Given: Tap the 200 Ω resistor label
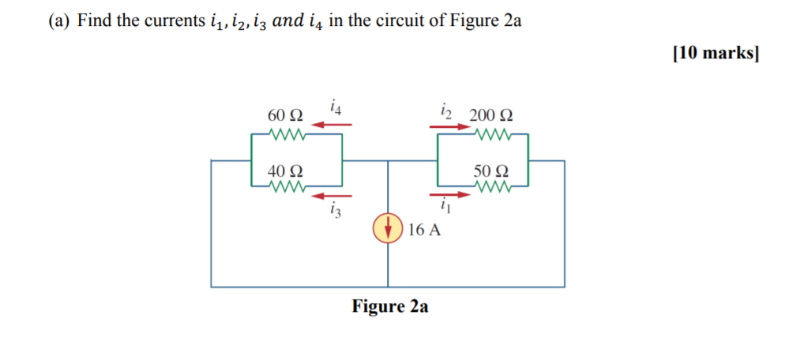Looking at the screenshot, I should coord(490,116).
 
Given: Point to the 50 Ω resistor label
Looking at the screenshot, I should coord(491,171).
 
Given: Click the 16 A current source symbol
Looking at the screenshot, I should coord(388,229).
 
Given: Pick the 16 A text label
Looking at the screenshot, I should coord(426,230).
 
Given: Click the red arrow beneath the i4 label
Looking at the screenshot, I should coord(333,124).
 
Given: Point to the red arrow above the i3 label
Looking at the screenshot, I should coord(332,195).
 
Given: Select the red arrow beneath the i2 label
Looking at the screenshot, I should coord(449,124).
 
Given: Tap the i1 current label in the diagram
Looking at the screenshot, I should coord(445,208).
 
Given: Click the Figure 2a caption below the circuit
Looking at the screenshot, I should coord(390,306).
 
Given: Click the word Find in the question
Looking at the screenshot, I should coord(94,21).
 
